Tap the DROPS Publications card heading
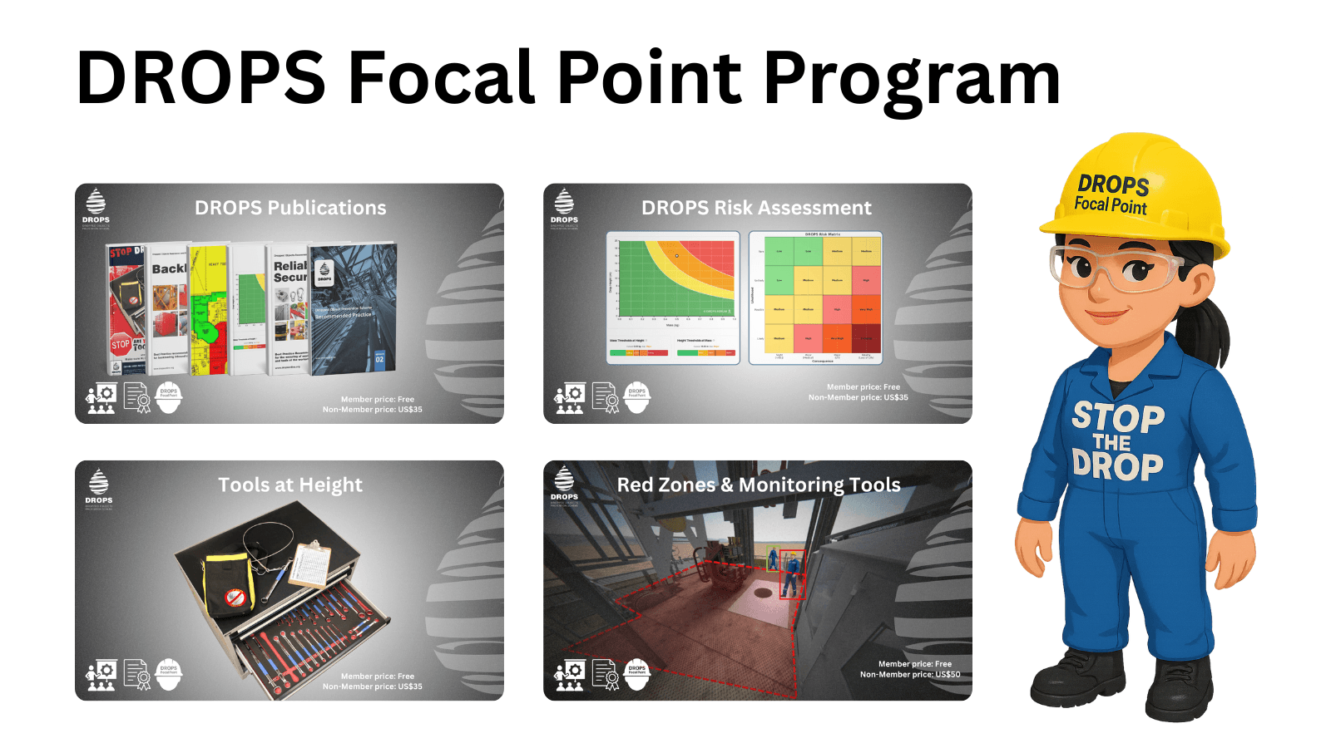[290, 208]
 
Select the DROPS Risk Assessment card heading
[756, 208]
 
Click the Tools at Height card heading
[290, 485]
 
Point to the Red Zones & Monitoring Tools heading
[759, 485]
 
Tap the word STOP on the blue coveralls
[1117, 416]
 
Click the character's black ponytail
[1215, 324]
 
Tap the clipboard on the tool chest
[309, 563]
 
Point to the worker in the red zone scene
[791, 573]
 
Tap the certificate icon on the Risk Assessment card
[606, 398]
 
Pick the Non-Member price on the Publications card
[372, 410]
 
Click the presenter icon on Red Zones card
[571, 675]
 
